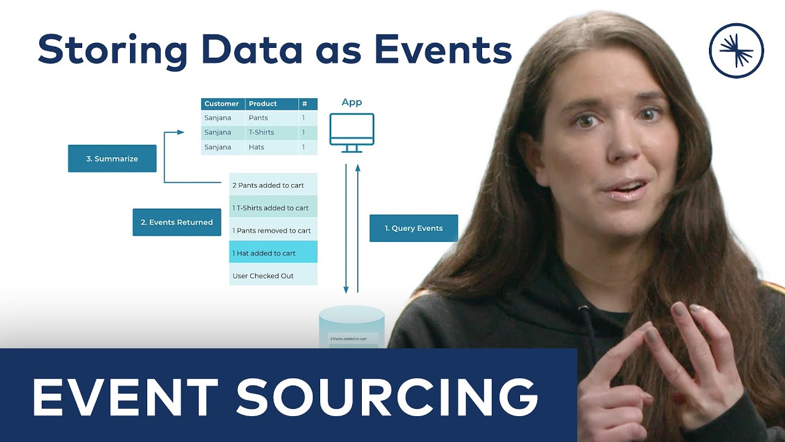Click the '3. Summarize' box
pos(112,158)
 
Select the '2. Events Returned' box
pos(177,222)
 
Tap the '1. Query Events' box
pos(413,228)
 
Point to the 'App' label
pos(351,103)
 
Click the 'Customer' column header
pos(222,104)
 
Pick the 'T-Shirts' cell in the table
pos(261,133)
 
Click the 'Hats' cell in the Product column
pos(256,147)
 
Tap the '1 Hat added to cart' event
pos(273,253)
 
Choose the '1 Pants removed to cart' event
pos(273,231)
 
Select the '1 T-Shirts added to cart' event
pos(273,208)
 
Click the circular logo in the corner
pos(736,50)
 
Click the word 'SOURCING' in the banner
pos(388,397)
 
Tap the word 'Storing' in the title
pos(112,50)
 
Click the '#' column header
pos(305,104)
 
